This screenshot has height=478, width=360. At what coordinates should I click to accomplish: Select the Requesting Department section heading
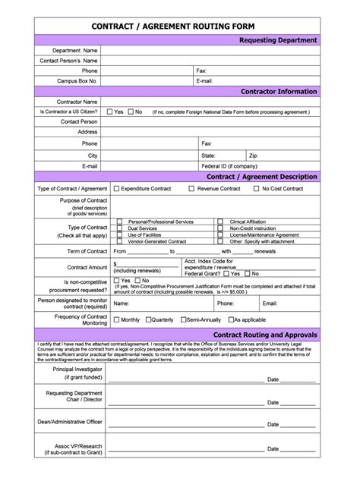tap(278, 39)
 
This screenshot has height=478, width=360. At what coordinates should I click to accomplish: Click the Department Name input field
tap(210, 50)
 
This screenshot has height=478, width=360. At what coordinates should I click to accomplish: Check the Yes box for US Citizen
tap(109, 112)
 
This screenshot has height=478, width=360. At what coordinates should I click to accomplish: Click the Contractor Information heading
tap(278, 91)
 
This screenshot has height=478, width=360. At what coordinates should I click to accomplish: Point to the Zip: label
tap(254, 155)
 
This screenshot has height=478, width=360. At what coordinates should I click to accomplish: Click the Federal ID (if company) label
tap(229, 165)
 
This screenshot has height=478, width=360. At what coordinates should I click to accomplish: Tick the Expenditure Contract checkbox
tap(116, 188)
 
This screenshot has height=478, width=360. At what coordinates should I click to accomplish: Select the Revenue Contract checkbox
tap(191, 188)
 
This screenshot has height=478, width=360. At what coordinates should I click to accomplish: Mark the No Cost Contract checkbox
tap(256, 188)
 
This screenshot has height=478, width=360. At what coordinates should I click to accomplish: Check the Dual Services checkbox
tap(119, 228)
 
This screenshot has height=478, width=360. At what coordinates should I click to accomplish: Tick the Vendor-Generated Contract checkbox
tap(119, 241)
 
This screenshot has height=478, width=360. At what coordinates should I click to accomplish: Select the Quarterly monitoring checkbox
tap(148, 319)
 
